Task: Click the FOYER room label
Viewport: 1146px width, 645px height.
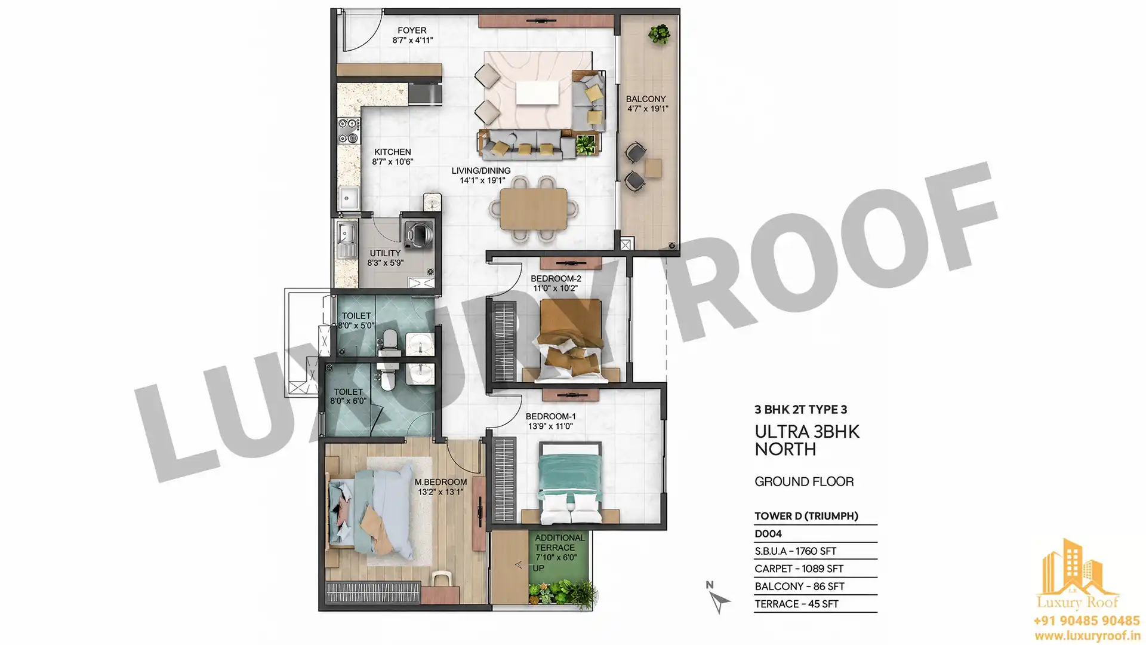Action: pos(412,30)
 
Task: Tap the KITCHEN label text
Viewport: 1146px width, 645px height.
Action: pos(393,152)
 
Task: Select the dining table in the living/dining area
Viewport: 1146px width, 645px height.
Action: pos(534,208)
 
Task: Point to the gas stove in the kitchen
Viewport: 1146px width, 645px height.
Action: pos(349,131)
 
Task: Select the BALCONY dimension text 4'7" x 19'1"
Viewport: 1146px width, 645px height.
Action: pos(648,109)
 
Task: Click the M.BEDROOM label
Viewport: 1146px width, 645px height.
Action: pos(441,482)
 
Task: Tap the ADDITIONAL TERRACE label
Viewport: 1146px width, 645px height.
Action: pos(559,542)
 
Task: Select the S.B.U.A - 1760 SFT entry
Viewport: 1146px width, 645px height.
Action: pos(795,551)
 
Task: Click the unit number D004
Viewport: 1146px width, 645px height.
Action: pos(768,534)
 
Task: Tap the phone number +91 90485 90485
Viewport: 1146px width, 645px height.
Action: pos(1086,621)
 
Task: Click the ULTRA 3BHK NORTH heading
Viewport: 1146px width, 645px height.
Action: pos(807,440)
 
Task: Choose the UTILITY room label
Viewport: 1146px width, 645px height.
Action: pos(385,253)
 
